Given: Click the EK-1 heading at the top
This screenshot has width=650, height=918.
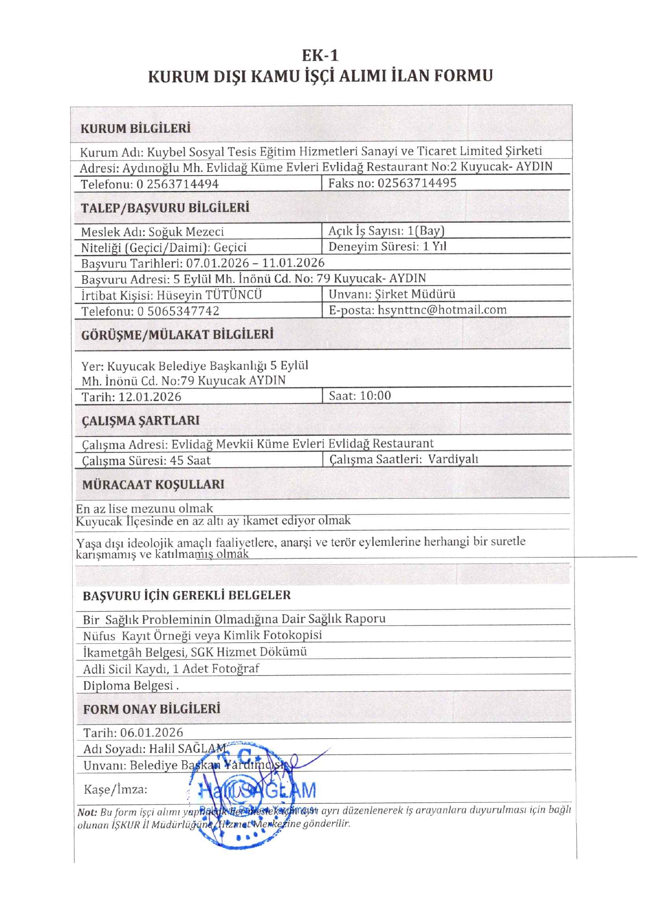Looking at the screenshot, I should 320,55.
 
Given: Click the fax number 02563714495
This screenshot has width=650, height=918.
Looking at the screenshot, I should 417,183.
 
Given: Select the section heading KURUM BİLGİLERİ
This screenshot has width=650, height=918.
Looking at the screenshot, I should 135,129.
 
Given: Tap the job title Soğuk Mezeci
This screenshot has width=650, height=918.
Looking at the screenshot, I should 186,232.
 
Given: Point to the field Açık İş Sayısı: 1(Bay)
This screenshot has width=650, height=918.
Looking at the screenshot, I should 386,231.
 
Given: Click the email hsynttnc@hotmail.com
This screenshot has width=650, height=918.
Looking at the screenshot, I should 442,310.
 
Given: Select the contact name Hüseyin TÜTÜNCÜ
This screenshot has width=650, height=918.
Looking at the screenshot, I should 209,295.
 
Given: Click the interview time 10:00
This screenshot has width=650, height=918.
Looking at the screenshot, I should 375,396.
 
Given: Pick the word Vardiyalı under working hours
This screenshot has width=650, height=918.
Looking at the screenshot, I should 453,459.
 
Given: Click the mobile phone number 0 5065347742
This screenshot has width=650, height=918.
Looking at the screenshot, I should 178,311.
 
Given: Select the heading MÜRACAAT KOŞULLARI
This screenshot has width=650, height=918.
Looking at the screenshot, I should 153,484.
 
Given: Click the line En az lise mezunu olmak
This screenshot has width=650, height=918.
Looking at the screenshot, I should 144,508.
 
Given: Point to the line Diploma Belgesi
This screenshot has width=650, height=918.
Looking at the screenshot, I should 131,686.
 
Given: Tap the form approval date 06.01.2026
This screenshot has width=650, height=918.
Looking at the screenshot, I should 152,732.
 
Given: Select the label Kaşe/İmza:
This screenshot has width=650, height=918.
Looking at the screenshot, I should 115,789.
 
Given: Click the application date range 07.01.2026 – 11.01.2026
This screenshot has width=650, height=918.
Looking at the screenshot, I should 255,263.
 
